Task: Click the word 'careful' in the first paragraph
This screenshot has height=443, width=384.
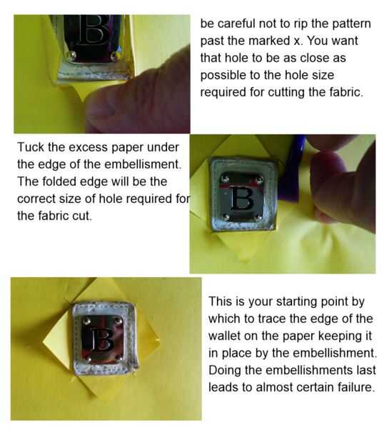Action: [x=236, y=24]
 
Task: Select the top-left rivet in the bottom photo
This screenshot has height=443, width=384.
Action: [x=87, y=321]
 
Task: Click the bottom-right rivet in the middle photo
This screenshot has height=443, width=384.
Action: [x=258, y=217]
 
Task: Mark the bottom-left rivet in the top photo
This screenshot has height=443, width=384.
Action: [x=72, y=54]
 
